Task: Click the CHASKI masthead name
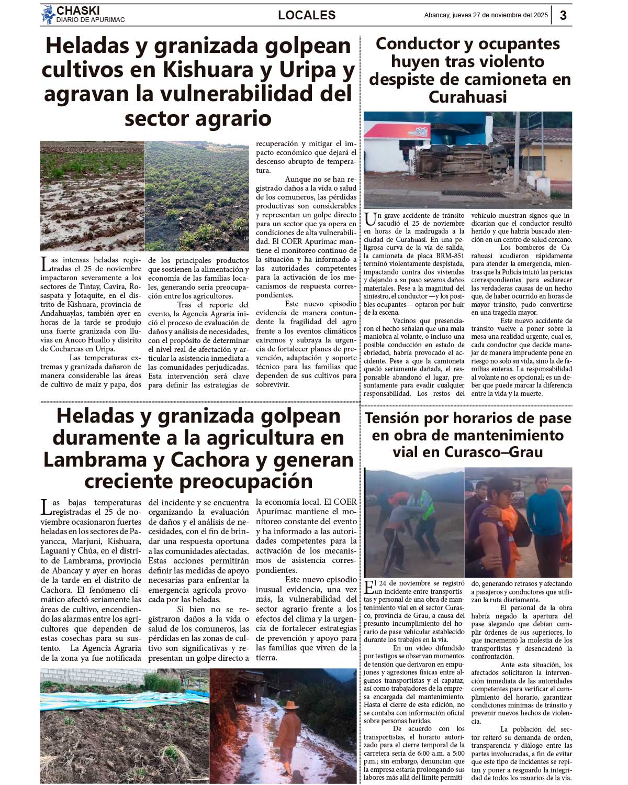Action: coord(78,10)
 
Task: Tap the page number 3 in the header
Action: coord(563,15)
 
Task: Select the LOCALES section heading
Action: coord(307,15)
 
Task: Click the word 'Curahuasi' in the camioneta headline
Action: coord(467,97)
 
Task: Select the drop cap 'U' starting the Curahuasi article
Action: coord(369,219)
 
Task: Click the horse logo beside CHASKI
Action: coord(48,15)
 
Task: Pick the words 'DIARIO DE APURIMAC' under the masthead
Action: coord(91,20)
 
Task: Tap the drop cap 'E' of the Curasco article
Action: coord(369,587)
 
